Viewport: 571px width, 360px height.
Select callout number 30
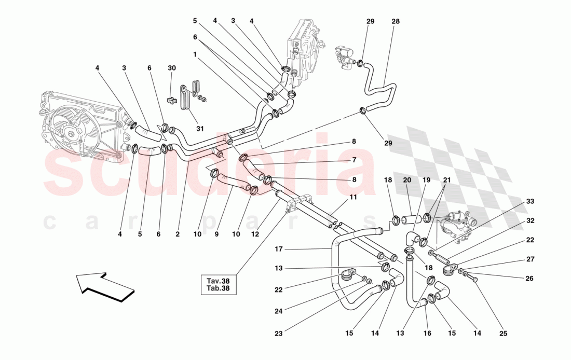click(x=172, y=68)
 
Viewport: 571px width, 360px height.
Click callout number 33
click(x=529, y=201)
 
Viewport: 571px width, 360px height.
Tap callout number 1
click(x=195, y=54)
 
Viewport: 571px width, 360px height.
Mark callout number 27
click(x=529, y=259)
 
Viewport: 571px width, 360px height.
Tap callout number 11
click(x=353, y=198)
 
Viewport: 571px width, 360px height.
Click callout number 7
click(x=353, y=160)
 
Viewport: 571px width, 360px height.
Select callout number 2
click(x=178, y=234)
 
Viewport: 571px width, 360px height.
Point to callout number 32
click(x=529, y=220)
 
